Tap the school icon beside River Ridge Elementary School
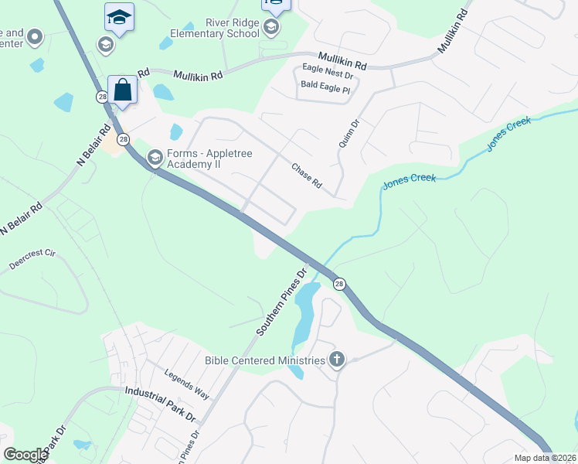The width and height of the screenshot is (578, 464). (x=270, y=29)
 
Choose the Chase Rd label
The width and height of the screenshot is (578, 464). (x=306, y=176)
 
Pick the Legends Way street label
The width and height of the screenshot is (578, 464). (x=186, y=384)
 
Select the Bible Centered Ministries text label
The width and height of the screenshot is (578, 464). (x=264, y=360)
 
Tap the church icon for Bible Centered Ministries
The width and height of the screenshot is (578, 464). (x=336, y=359)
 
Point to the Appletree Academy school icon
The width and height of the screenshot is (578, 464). (x=155, y=159)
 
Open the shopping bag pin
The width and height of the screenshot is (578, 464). (x=123, y=90)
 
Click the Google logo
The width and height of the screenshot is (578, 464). (x=25, y=455)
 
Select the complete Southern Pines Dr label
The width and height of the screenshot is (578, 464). (x=282, y=301)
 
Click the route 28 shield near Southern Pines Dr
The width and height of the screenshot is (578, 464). (x=339, y=285)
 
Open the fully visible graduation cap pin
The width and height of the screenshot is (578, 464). (x=119, y=17)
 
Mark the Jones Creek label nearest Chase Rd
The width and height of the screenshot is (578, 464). (x=410, y=180)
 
